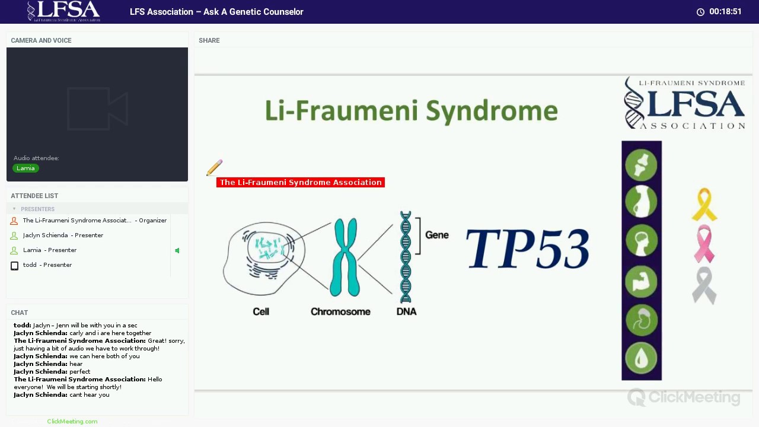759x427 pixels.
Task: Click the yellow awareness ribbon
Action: (x=704, y=205)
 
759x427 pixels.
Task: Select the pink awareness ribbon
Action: (x=704, y=243)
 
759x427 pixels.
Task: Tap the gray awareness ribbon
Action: (x=704, y=285)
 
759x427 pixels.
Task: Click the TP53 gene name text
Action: (x=527, y=249)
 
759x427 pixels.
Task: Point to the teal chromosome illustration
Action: (x=345, y=257)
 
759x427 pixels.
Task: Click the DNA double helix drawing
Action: (x=406, y=257)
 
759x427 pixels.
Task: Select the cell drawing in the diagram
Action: (x=264, y=258)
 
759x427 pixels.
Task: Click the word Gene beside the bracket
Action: (x=436, y=235)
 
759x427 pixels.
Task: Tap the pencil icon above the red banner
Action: (x=214, y=168)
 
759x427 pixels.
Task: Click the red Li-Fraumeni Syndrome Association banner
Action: (x=300, y=182)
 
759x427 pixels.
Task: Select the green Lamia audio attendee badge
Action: (x=25, y=168)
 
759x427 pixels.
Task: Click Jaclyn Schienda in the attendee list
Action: (x=46, y=235)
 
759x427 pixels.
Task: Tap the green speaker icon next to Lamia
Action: (x=177, y=250)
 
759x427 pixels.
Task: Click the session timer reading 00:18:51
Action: (x=725, y=12)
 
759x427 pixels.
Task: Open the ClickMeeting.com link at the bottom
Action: (x=72, y=422)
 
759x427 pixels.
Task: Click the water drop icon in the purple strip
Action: (x=641, y=358)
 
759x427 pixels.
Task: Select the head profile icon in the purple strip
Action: (x=641, y=241)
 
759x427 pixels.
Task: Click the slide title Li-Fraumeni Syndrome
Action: (x=411, y=111)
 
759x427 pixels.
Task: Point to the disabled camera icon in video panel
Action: (x=97, y=109)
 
